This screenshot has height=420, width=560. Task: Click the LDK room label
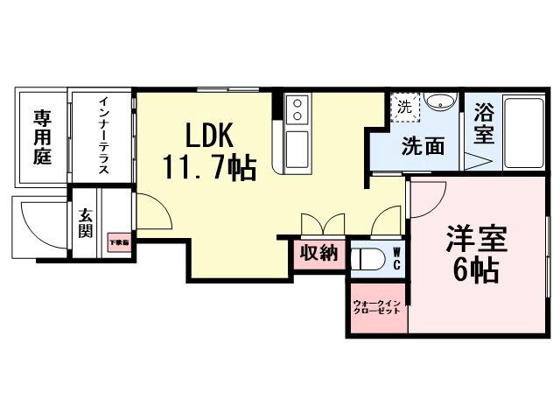tap(208, 136)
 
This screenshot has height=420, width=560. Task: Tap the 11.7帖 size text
tap(208, 165)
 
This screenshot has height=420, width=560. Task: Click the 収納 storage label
tap(318, 254)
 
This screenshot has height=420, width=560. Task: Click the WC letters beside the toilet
tap(395, 259)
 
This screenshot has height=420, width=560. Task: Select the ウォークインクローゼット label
tap(377, 308)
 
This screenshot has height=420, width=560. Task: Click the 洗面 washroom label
tap(423, 145)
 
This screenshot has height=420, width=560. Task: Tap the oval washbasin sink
tap(443, 101)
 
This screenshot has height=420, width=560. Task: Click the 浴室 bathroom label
tap(483, 124)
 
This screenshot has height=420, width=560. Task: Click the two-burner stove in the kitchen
tap(297, 110)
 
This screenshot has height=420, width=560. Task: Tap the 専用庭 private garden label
tap(42, 137)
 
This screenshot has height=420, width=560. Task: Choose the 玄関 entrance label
tap(86, 224)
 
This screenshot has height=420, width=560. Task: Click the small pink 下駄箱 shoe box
tap(119, 242)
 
